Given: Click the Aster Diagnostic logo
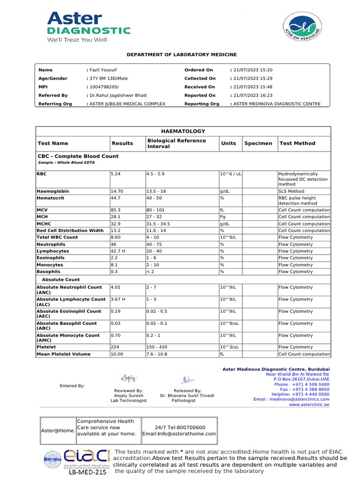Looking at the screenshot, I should [x=88, y=27].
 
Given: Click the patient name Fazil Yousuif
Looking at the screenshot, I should [x=102, y=70].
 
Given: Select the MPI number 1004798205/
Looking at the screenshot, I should [x=104, y=87].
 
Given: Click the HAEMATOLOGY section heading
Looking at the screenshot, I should [x=183, y=131].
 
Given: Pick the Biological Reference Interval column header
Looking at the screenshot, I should [x=176, y=143].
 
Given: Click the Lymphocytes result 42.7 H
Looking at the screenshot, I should [x=119, y=251].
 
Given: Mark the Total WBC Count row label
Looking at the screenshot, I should [x=57, y=238].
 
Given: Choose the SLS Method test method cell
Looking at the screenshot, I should [x=291, y=191].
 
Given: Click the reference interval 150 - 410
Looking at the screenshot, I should [x=157, y=347].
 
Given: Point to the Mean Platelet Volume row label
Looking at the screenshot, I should [x=63, y=354].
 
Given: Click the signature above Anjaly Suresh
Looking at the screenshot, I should [x=128, y=377].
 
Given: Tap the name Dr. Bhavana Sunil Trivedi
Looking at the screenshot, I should [x=187, y=396].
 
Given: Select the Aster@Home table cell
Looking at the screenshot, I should [x=57, y=430].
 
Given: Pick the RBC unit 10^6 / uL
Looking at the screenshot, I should [x=231, y=174].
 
